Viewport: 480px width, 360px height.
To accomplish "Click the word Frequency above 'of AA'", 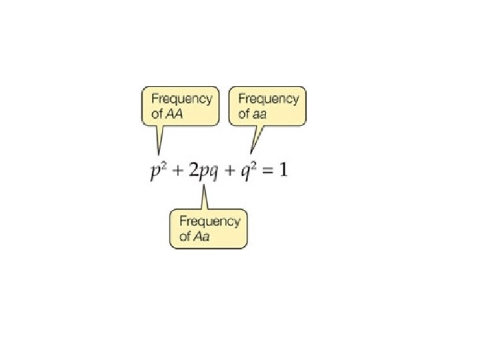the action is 181,99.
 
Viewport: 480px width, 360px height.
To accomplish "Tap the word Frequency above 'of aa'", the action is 269,99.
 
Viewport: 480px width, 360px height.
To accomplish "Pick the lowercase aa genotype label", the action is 260,113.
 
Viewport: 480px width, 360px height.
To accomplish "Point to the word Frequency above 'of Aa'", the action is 209,221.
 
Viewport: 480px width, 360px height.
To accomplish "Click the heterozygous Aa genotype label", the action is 201,237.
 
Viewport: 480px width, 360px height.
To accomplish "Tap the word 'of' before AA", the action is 157,113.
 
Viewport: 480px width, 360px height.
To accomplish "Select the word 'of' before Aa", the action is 185,237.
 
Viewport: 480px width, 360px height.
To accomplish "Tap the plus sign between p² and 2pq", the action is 177,171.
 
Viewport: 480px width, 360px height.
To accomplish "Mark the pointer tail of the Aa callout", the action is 205,198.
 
